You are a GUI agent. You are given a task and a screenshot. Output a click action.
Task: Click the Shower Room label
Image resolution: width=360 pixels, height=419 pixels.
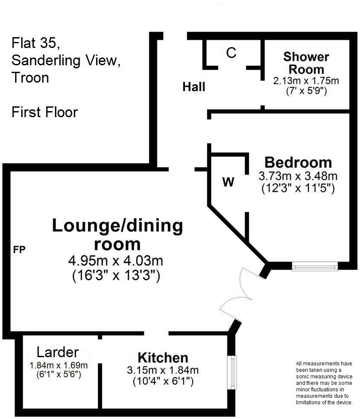click(306, 63)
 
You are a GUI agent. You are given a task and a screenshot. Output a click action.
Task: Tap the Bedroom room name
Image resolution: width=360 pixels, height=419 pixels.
click(298, 163)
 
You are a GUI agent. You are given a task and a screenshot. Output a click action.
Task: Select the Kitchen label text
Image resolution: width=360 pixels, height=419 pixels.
click(163, 358)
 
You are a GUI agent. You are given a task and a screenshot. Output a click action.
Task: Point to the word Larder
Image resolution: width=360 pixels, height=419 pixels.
click(58, 352)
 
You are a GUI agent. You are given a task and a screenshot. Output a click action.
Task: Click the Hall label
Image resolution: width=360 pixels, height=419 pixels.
click(193, 87)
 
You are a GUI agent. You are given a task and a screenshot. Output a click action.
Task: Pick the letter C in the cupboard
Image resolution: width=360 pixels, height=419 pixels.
click(231, 53)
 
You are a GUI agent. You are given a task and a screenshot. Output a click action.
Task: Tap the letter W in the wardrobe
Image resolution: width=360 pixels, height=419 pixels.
click(228, 182)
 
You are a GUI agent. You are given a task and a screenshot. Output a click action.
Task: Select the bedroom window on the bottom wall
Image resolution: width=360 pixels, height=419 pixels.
click(315, 267)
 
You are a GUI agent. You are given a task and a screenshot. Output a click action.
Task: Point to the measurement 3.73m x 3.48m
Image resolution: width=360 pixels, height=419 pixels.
click(298, 176)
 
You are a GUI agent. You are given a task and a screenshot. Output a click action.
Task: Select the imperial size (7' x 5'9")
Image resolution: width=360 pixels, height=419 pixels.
click(306, 91)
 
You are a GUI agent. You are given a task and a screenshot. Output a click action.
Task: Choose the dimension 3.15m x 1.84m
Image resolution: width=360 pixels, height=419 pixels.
click(163, 370)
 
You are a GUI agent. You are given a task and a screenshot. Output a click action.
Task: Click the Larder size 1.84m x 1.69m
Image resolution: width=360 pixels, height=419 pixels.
click(58, 365)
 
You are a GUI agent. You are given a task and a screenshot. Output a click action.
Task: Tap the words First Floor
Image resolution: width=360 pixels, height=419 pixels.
click(45, 112)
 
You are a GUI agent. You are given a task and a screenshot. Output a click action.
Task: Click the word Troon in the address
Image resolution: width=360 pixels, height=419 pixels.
click(30, 78)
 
